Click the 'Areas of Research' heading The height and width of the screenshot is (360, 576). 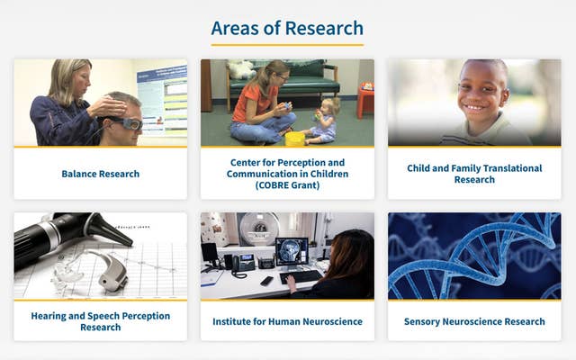pyautogui.click(x=287, y=28)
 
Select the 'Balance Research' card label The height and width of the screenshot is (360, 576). pyautogui.click(x=100, y=174)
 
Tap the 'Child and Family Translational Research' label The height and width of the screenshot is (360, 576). pyautogui.click(x=474, y=174)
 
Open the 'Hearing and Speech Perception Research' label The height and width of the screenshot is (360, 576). pyautogui.click(x=100, y=321)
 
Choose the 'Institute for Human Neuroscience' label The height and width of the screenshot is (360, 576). pyautogui.click(x=287, y=321)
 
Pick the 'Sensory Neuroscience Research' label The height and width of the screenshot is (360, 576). pyautogui.click(x=474, y=321)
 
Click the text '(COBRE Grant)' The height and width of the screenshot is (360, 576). pyautogui.click(x=287, y=185)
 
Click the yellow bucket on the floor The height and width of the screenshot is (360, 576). pyautogui.click(x=294, y=138)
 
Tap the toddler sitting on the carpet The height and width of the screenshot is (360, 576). pyautogui.click(x=321, y=121)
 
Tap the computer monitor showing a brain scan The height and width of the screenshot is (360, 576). pyautogui.click(x=292, y=251)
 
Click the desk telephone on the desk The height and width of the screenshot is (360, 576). pyautogui.click(x=242, y=262)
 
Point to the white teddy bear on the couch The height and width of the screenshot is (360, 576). pyautogui.click(x=240, y=69)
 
